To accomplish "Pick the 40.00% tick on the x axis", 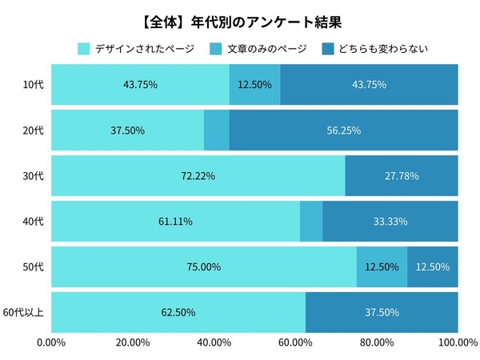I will pyautogui.click(x=214, y=343).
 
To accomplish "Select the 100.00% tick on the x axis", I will pyautogui.click(x=458, y=343).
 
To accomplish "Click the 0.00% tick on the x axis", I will pyautogui.click(x=52, y=343).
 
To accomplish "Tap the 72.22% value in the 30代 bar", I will pyautogui.click(x=198, y=176).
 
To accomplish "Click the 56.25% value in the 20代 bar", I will pyautogui.click(x=343, y=130).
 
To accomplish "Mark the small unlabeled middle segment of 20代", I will pyautogui.click(x=217, y=130).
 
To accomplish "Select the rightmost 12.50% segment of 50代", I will pyautogui.click(x=433, y=266).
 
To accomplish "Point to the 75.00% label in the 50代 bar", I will pyautogui.click(x=203, y=266).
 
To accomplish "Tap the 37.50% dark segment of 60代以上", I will pyautogui.click(x=382, y=312).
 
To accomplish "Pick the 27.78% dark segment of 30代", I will pyautogui.click(x=402, y=176).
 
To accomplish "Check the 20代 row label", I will pyautogui.click(x=34, y=130).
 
